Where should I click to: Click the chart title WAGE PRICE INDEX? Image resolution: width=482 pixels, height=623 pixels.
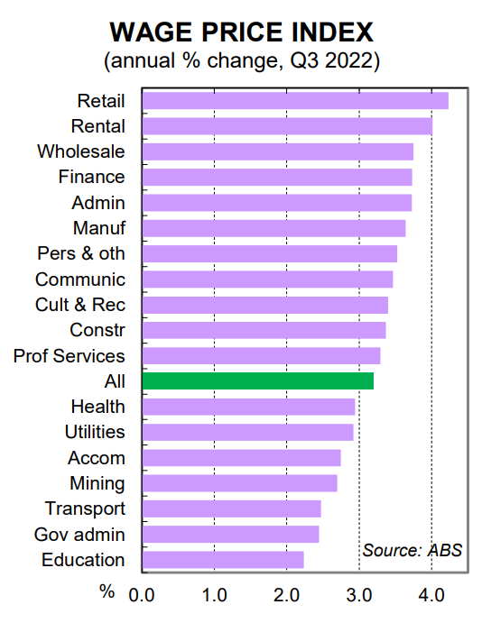coord(241,32)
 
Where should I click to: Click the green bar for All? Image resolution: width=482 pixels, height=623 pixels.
coord(257,381)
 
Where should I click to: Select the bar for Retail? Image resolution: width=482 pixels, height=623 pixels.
coord(295,100)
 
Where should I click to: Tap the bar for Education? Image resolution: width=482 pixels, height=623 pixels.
coord(223,560)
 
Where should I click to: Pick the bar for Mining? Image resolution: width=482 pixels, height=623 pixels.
coord(239,483)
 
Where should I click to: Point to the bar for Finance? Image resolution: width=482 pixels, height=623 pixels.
coord(277,177)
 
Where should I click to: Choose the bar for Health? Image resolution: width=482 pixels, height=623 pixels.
coord(248,407)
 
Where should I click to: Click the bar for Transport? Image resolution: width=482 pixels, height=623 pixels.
coord(231,508)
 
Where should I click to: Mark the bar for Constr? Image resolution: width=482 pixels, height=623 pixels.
coord(264,330)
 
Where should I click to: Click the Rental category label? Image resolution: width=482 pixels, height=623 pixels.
coord(98,126)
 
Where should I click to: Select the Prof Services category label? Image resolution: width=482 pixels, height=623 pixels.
coord(70,356)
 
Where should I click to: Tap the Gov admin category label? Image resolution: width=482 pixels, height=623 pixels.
coord(79,535)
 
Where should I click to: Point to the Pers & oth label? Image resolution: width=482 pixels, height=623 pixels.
coord(81,253)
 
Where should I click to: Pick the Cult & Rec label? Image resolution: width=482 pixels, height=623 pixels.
coord(80,305)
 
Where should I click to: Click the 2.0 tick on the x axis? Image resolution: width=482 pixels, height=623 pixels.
coord(286,594)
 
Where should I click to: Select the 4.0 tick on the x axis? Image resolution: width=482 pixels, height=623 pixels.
coord(431,594)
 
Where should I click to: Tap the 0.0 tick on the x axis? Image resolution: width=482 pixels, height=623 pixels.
coord(143,594)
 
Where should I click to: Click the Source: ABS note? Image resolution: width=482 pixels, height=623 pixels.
coord(412,550)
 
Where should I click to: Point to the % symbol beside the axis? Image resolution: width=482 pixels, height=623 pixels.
coord(107,592)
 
